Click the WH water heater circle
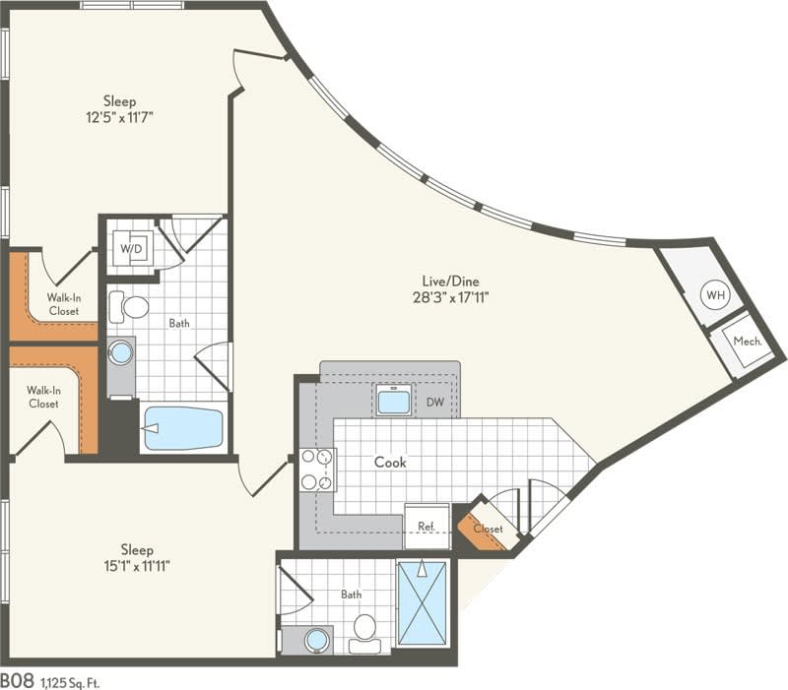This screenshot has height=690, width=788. coord(715,294)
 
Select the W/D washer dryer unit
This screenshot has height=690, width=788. coord(131,248)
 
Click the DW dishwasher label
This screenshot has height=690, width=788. coord(434,402)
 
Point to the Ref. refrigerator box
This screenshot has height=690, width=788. coord(427,527)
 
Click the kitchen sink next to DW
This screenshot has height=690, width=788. coord(394,401)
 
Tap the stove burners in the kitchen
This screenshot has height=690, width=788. coord(317,470)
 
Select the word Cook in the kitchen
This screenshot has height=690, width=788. coord(390,462)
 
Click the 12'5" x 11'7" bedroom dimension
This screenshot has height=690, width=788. coord(119,116)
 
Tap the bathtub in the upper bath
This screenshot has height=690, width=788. coord(183,428)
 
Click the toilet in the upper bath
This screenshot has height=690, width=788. coord(128,306)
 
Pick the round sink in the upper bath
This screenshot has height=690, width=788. coord(120,352)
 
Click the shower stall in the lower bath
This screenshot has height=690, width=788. coord(422,602)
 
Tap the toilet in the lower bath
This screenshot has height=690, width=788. coord(365,631)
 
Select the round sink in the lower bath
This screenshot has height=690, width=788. coord(316,640)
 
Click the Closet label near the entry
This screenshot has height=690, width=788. coord(487,529)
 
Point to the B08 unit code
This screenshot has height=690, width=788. coord(17,679)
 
